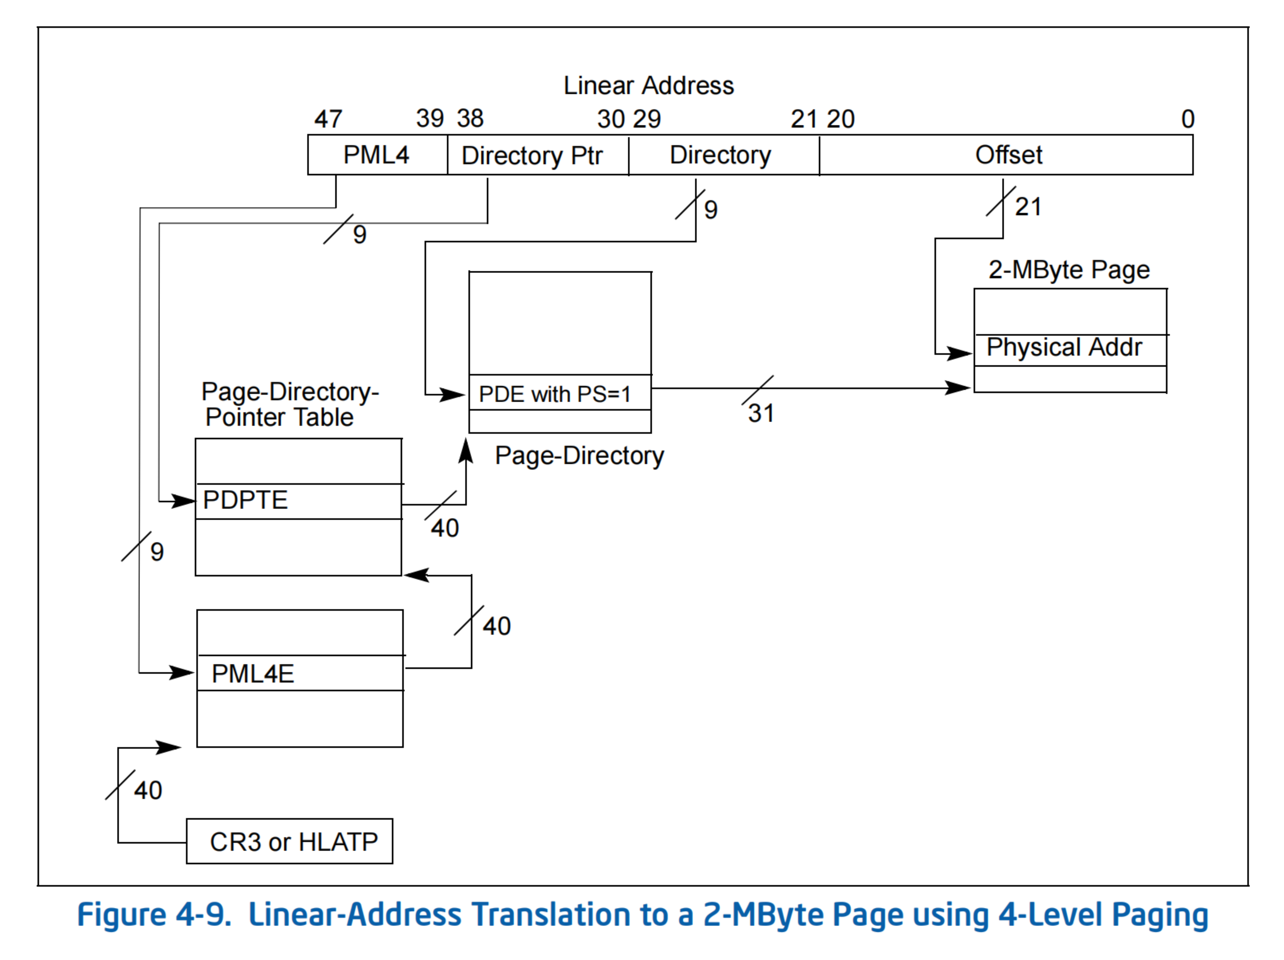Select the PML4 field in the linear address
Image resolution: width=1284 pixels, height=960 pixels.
377,155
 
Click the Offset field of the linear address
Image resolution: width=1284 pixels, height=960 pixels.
1008,155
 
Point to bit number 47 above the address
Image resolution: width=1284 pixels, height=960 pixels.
328,119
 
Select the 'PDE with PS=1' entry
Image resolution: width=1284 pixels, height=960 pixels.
554,394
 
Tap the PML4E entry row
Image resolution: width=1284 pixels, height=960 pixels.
299,673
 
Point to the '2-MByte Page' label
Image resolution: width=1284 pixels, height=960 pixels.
1069,270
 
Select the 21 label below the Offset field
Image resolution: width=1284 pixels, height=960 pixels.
1028,207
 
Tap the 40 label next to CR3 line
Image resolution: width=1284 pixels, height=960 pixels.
147,790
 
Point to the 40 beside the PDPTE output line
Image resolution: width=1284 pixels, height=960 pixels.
445,528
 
